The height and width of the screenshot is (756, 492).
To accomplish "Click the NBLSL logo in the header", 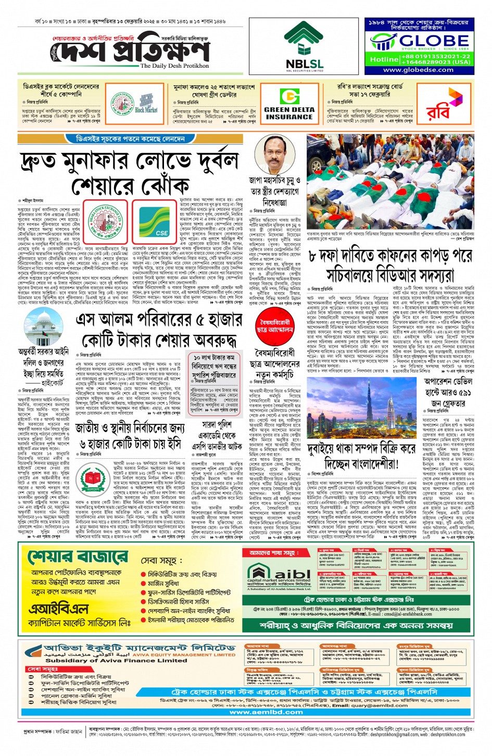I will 305,47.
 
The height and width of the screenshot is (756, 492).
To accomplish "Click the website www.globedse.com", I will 419,69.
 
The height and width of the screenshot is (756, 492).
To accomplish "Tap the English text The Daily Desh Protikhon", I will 174,66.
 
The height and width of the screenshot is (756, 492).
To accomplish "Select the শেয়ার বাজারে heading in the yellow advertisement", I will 78,557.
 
